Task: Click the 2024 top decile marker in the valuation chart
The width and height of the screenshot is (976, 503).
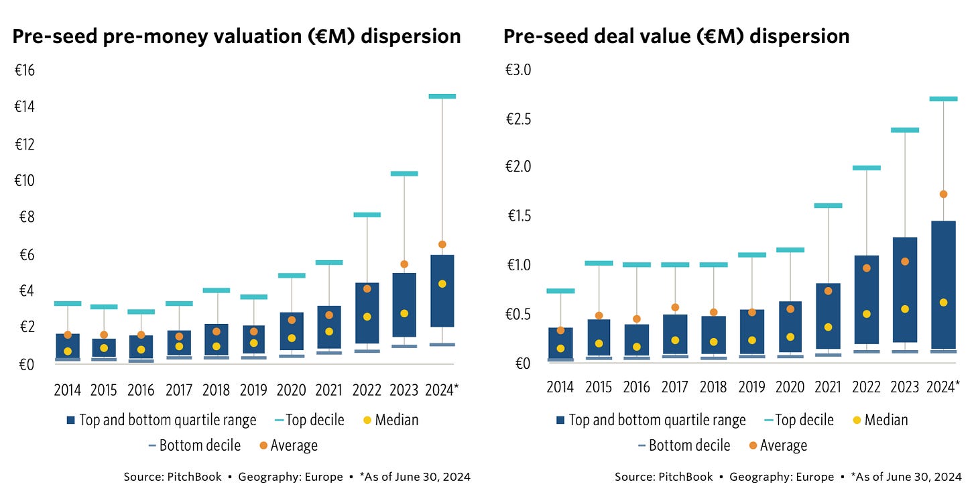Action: click(442, 97)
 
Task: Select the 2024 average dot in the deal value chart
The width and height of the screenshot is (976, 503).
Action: click(943, 194)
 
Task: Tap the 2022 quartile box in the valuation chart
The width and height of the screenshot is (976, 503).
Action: click(367, 313)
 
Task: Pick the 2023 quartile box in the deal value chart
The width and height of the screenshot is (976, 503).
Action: click(905, 290)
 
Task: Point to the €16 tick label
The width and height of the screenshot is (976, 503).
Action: click(25, 70)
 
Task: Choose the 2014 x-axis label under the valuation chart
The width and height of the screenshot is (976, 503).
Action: click(68, 390)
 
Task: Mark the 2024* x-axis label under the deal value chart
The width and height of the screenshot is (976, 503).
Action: click(942, 387)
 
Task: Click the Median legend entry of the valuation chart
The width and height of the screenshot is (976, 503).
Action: click(396, 421)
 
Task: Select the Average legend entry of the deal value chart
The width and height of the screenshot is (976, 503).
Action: click(783, 445)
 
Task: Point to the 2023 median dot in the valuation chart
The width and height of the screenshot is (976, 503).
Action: click(404, 313)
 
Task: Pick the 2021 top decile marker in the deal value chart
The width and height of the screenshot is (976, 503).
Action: click(828, 206)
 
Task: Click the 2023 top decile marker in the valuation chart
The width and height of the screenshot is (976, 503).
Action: click(404, 174)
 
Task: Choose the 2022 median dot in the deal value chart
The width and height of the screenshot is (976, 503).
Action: click(866, 314)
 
